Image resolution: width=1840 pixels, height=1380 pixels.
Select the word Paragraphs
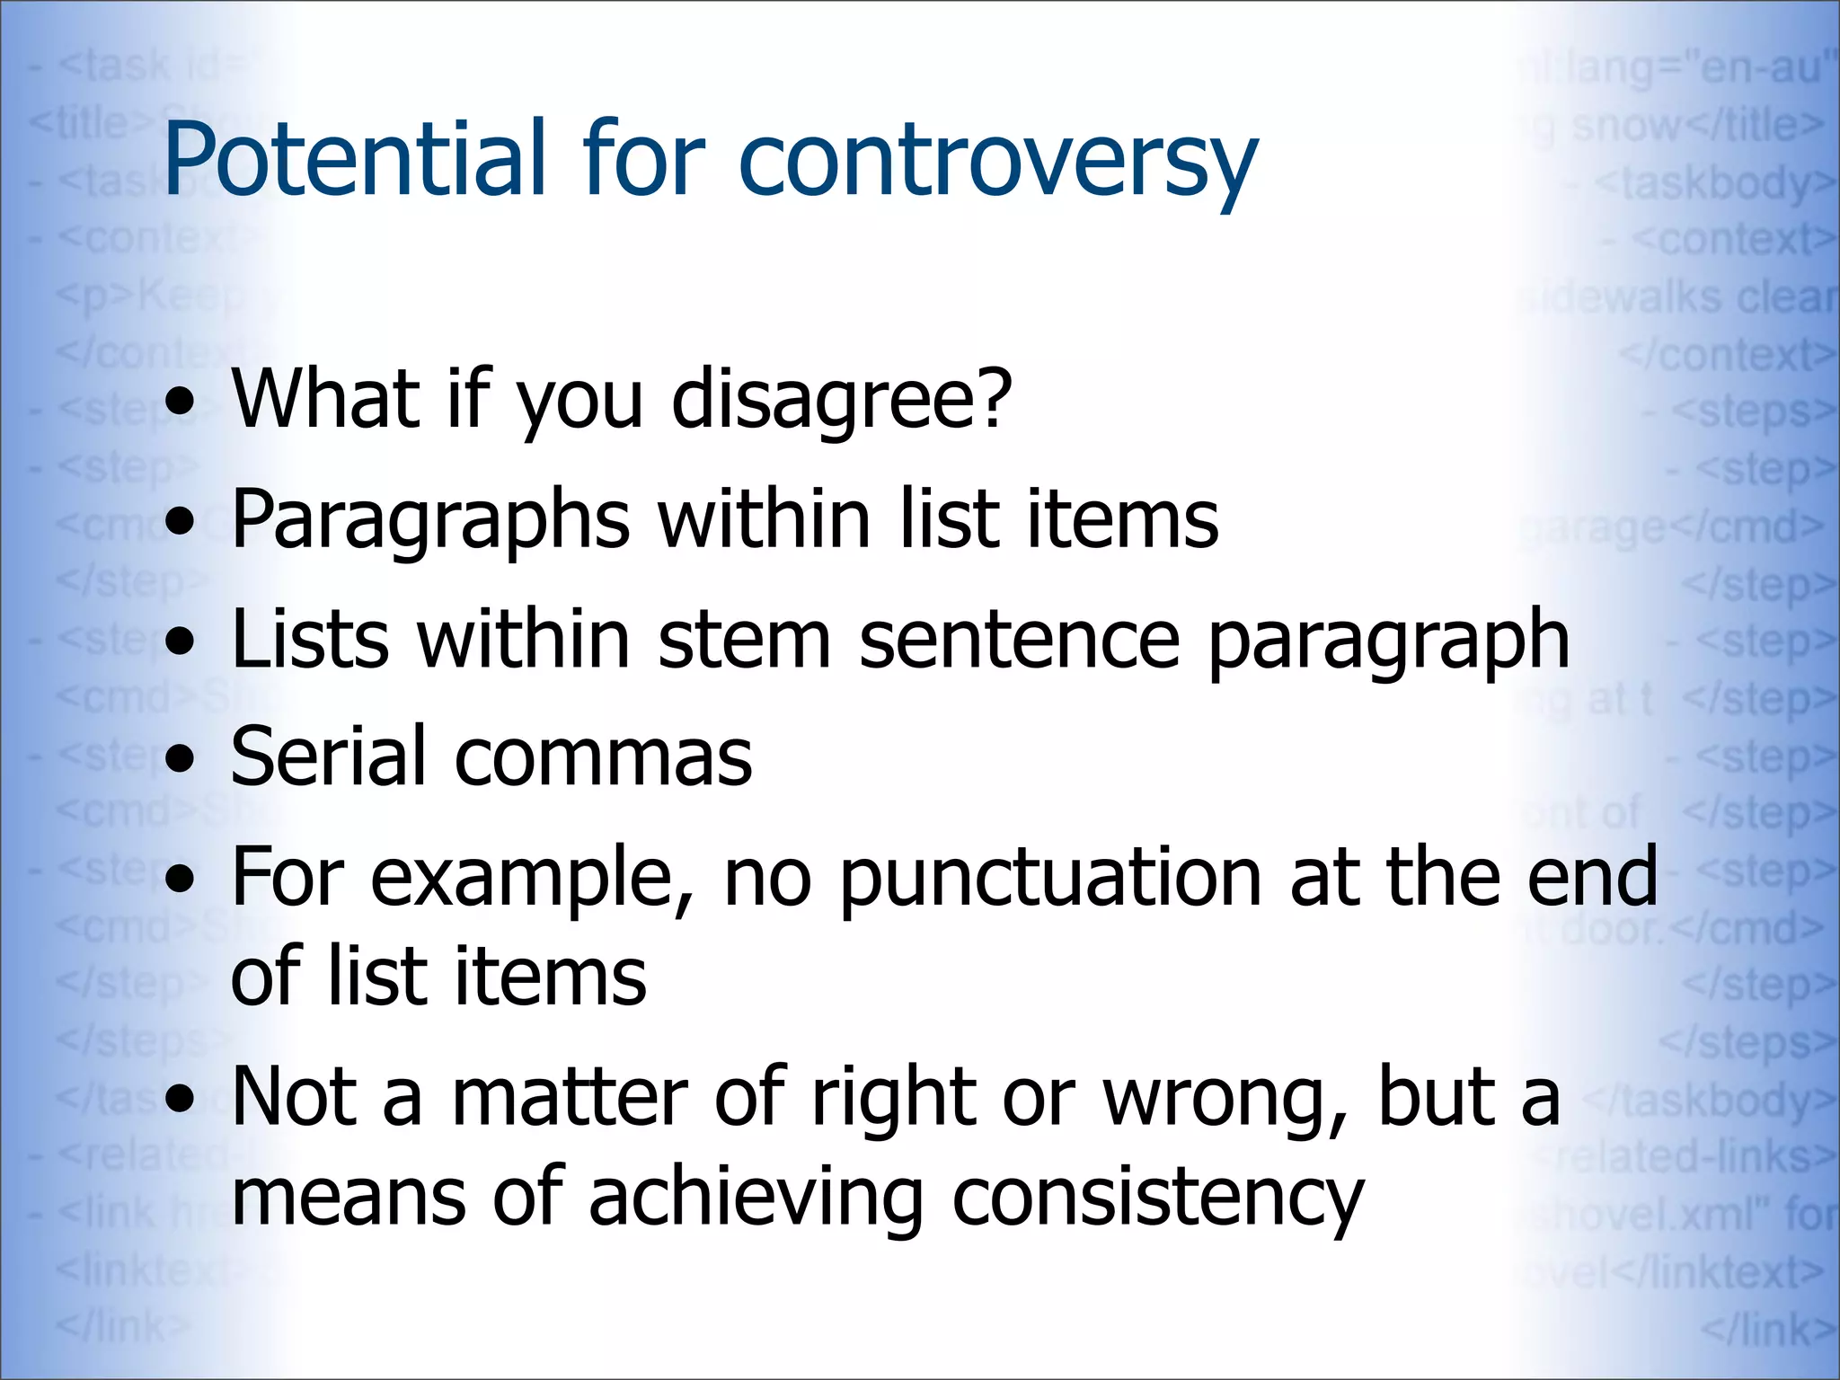(431, 521)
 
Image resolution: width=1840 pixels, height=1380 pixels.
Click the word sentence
(1019, 640)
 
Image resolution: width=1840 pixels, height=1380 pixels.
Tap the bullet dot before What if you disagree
(182, 402)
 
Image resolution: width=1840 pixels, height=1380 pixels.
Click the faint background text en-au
(1761, 68)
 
